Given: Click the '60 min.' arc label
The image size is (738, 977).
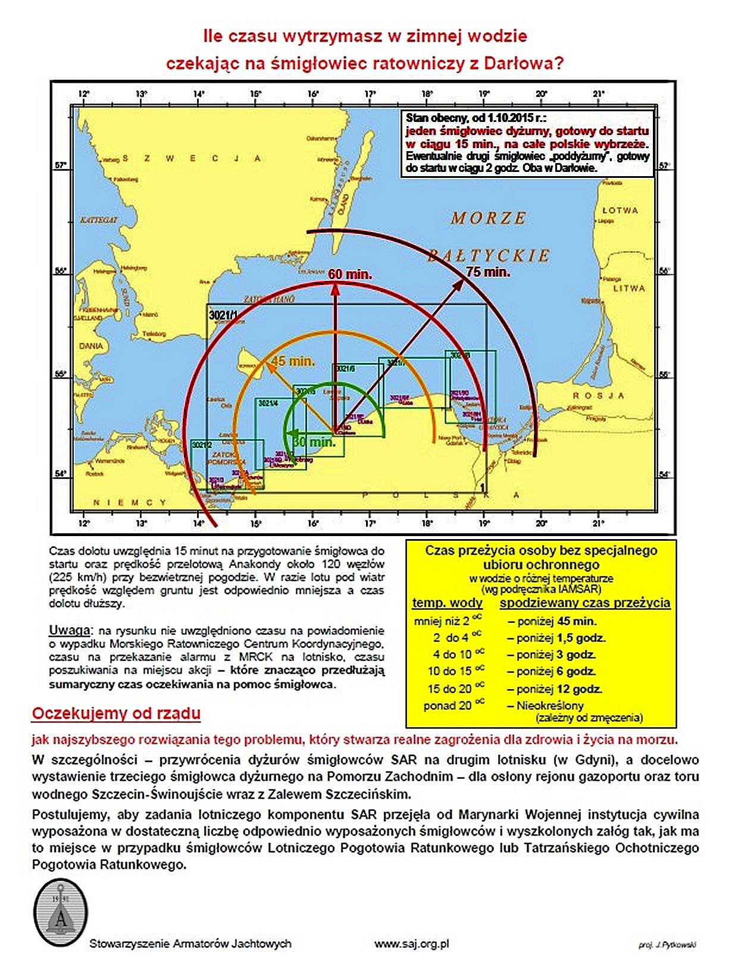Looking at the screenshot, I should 350,274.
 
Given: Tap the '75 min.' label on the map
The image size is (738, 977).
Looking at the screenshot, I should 488,272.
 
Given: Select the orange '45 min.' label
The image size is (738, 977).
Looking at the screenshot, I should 293,361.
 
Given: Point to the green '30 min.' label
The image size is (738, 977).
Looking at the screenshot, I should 314,442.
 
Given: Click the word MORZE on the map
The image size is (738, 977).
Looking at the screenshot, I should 489,218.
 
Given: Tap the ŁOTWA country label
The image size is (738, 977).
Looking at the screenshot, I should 620,211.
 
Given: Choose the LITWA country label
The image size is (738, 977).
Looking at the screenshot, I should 629,289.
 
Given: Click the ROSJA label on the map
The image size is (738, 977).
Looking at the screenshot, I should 598,396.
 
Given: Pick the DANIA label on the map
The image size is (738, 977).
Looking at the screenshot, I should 91,346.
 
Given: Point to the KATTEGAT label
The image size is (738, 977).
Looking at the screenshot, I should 99,220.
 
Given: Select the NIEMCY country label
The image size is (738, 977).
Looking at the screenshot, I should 130,503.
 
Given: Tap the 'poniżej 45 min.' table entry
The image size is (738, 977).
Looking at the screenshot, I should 552,621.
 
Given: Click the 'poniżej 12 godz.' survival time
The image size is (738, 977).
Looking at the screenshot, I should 555,689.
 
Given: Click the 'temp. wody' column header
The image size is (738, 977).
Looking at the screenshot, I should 448,603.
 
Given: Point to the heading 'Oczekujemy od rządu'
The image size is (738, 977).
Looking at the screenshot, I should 116,713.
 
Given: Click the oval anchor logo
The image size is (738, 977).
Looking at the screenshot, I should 61,913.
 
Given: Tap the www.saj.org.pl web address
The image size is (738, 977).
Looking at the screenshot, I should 411,944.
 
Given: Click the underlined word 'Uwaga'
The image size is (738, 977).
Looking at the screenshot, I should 70,630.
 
